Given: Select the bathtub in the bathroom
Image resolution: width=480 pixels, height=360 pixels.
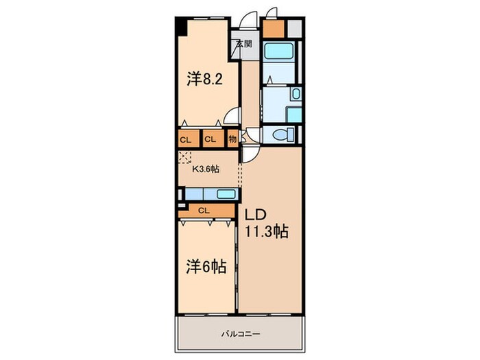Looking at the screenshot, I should pos(280,51).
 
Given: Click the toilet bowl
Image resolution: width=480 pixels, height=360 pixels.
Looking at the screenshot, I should pos(280,135).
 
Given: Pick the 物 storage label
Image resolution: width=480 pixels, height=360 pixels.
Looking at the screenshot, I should pos(232,139).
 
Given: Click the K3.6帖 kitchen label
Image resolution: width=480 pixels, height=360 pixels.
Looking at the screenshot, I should pos(205,169).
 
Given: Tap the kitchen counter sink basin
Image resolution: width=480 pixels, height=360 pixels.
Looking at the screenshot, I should pos(226,194).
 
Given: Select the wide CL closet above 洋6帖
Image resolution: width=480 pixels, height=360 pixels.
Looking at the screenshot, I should pos(204,211).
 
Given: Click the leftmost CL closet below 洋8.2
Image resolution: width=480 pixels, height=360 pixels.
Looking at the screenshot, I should pos(186,139).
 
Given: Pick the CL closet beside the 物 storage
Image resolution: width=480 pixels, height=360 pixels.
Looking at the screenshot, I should pos(211,139).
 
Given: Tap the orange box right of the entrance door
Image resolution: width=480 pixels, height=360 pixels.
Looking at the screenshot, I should pos(272,29).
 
